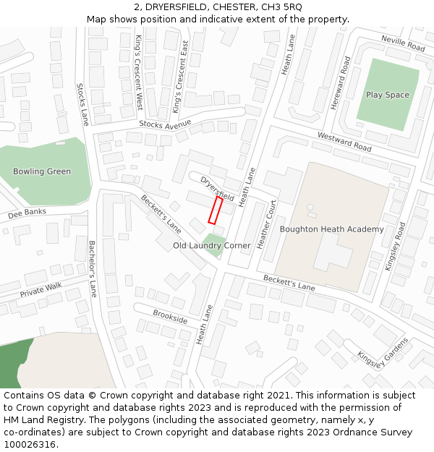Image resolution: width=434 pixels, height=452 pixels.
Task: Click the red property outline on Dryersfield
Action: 216,210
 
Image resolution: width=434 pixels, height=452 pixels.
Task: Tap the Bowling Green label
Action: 42,171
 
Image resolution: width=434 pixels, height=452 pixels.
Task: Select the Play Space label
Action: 387,95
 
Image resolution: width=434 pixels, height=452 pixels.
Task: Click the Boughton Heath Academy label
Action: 331,229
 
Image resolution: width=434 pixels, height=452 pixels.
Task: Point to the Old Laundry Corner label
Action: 211,246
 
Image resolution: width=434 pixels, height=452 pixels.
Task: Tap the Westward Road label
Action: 344,142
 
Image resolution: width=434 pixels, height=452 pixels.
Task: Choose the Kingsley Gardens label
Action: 383,352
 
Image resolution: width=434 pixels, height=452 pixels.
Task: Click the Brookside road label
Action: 170,317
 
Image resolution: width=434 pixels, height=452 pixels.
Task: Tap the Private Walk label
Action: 41,290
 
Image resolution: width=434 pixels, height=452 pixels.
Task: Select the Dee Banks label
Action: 26,213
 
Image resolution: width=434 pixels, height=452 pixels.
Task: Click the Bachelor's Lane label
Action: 92,268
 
